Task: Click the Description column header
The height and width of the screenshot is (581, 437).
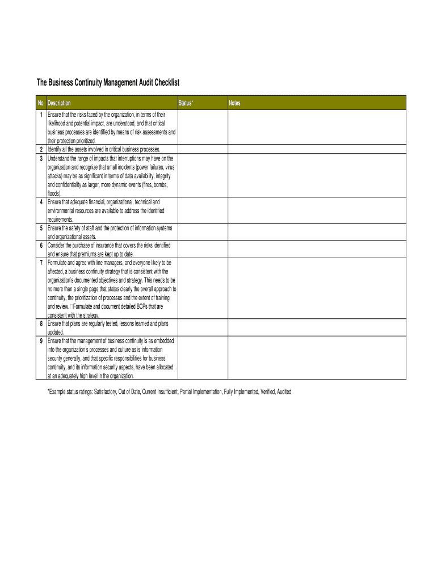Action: pos(59,103)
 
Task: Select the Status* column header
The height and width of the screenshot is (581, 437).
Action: pos(186,103)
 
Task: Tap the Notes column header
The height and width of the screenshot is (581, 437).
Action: pos(234,103)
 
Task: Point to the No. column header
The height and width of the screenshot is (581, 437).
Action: pos(41,103)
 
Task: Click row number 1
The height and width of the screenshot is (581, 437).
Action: pos(42,115)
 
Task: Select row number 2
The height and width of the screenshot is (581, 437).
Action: pos(42,149)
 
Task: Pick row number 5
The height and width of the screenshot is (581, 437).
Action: pos(42,228)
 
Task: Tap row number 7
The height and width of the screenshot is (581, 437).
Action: pos(42,263)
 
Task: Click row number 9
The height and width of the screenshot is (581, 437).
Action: pos(42,341)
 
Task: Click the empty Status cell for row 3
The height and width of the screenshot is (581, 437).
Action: pos(202,175)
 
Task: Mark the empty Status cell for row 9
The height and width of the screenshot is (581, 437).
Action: pos(202,358)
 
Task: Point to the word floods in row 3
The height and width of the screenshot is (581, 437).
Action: pos(54,193)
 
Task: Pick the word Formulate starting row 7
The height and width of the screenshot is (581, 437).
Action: pos(59,263)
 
